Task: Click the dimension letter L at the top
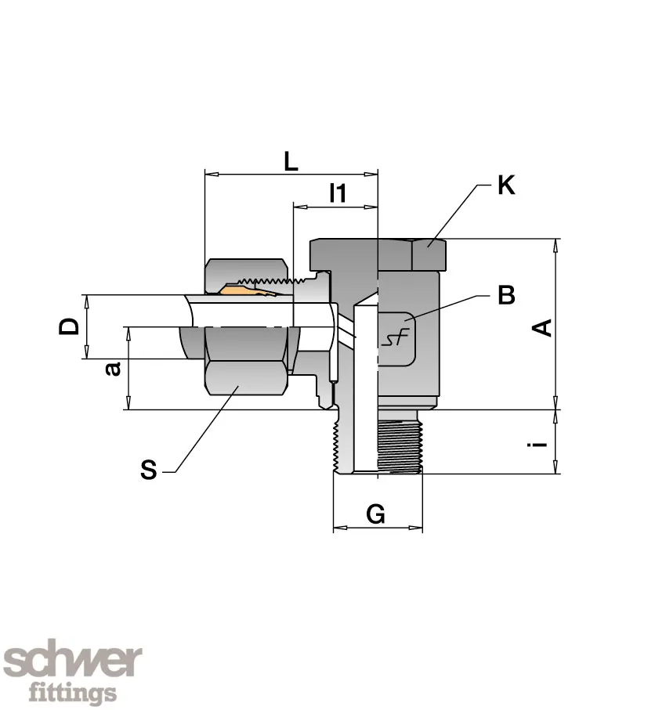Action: [291, 162]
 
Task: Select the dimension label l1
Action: [338, 193]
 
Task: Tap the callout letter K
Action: [506, 185]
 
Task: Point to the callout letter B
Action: [506, 295]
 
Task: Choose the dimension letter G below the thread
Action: [375, 514]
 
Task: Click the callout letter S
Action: [148, 470]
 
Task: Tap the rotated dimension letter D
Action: [69, 326]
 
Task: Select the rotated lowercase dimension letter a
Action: [113, 369]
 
